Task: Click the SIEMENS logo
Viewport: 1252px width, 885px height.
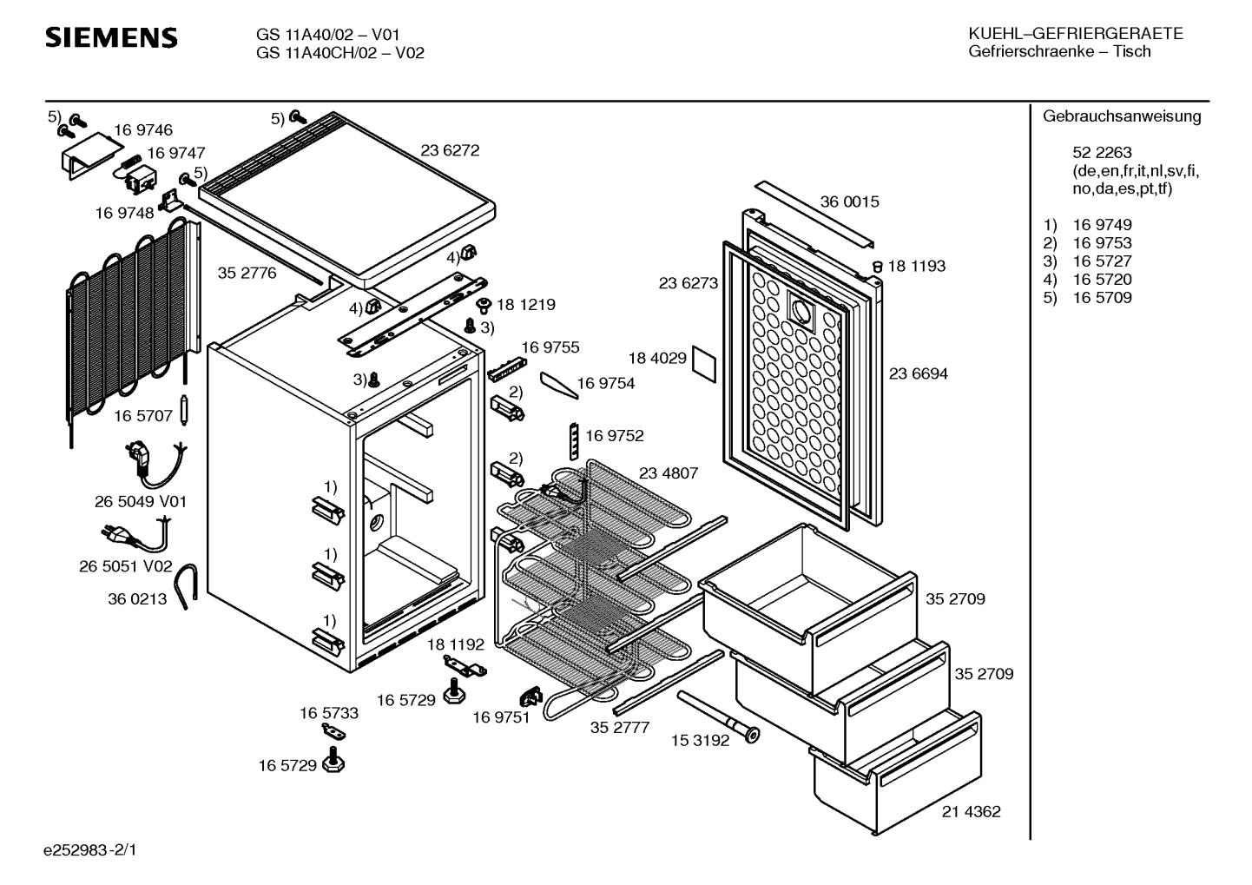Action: [x=111, y=38]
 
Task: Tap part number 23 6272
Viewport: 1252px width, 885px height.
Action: [x=450, y=150]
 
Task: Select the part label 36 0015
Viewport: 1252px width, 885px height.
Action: [x=849, y=201]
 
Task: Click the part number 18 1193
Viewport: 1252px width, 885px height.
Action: [x=916, y=266]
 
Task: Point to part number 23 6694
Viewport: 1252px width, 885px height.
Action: [x=919, y=373]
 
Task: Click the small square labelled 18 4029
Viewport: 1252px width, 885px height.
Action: [x=705, y=367]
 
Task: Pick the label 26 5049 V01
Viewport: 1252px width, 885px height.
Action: [x=140, y=502]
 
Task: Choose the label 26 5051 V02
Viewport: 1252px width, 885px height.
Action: [x=127, y=566]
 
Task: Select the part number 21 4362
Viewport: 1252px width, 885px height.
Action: [x=971, y=812]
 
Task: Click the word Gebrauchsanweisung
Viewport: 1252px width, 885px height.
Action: [x=1122, y=116]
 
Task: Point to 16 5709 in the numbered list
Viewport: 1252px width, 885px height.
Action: [x=1102, y=298]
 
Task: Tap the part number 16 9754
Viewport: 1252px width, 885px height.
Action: [x=605, y=384]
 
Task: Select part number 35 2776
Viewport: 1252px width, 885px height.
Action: [x=247, y=273]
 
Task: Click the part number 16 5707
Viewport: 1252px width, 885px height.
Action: [x=143, y=416]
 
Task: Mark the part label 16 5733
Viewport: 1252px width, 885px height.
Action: [x=329, y=713]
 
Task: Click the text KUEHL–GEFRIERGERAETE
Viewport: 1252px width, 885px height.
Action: [x=1075, y=34]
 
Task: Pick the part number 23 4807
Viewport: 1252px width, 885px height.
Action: [x=669, y=473]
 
